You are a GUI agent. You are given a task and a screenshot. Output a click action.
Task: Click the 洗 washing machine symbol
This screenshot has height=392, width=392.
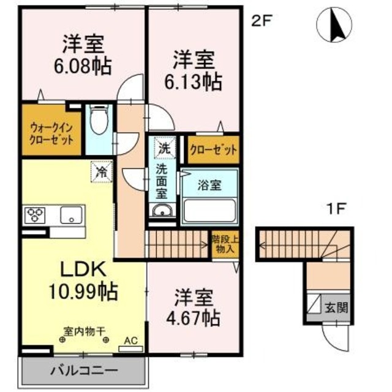pyautogui.click(x=165, y=147)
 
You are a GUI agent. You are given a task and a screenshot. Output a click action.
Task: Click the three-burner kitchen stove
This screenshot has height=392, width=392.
pyautogui.click(x=36, y=215)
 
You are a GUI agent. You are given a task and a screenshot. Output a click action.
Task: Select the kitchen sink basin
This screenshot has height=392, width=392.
pyautogui.click(x=71, y=215)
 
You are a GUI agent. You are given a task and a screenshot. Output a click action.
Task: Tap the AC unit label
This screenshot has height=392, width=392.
pyautogui.click(x=130, y=338)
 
